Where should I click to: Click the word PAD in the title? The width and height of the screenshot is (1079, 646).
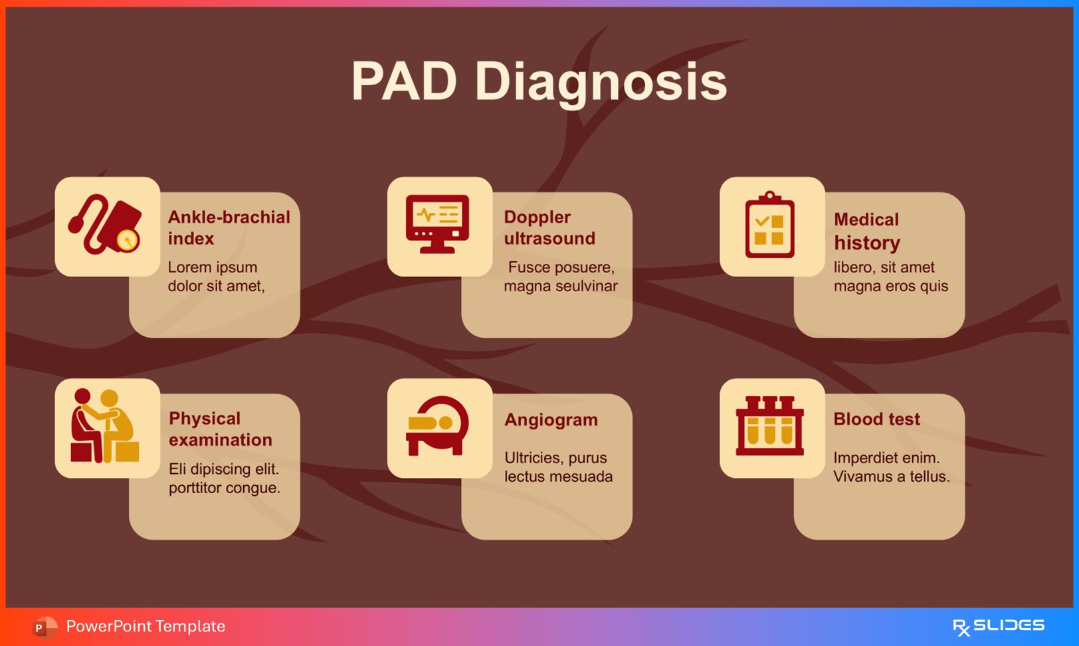point(404,82)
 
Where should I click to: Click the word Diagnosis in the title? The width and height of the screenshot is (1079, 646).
point(601,82)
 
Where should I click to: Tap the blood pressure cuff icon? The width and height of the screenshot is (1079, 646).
point(106,225)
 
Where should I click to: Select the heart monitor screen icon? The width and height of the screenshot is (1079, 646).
point(438,224)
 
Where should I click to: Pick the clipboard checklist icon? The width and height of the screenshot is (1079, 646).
point(769,225)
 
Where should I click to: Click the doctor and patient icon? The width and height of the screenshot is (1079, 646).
point(105,426)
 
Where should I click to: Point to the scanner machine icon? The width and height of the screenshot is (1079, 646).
point(437,426)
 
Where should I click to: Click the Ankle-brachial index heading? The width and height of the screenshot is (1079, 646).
point(228,227)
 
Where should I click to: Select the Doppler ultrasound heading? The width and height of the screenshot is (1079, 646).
point(549,227)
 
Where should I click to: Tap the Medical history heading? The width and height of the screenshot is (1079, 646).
point(866,231)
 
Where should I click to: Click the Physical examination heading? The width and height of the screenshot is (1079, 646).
point(220,429)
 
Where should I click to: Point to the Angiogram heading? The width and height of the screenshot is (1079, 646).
point(551,420)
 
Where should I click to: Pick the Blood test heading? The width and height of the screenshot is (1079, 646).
point(876,419)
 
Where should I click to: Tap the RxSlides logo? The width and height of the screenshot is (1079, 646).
point(998,626)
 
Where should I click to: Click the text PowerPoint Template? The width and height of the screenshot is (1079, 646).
point(146,626)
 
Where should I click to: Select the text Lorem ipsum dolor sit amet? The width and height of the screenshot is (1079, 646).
point(216,276)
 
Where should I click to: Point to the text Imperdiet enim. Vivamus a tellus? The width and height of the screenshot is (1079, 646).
point(891,467)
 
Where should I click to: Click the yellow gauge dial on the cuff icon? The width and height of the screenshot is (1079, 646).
point(127,240)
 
